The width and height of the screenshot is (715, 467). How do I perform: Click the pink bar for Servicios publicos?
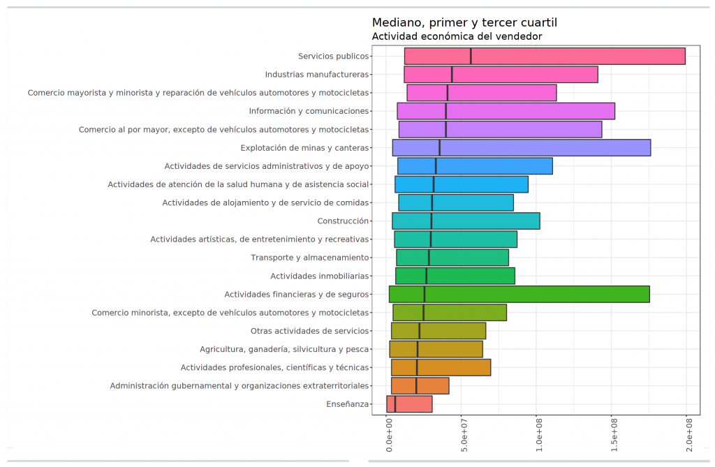tap(545, 57)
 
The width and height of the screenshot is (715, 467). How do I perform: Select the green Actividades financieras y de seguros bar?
tap(519, 295)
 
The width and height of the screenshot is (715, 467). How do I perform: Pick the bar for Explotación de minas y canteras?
tap(521, 148)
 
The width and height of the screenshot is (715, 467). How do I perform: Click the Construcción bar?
tap(466, 221)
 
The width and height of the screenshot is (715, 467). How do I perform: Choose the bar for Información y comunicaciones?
tap(506, 111)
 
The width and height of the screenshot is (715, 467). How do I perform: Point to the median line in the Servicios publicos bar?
tap(471, 57)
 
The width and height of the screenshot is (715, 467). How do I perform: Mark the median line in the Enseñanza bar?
tap(395, 404)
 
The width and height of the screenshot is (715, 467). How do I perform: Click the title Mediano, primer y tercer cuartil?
tap(464, 22)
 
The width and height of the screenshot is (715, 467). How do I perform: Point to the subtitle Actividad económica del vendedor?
tap(457, 36)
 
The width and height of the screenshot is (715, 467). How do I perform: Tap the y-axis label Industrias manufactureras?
tap(316, 75)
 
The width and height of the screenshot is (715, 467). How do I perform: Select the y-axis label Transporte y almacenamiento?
tap(309, 258)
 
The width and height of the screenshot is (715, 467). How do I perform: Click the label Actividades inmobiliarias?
tap(319, 276)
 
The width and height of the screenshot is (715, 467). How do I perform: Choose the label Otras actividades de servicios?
tap(309, 331)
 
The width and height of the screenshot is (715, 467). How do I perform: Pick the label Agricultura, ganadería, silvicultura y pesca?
tap(283, 349)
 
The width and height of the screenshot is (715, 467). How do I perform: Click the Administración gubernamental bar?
tap(420, 386)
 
